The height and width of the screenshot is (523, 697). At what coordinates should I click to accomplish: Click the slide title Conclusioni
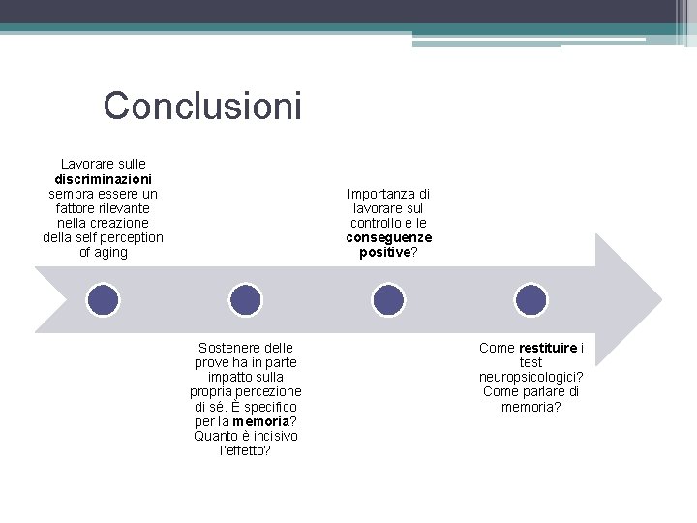click(x=202, y=106)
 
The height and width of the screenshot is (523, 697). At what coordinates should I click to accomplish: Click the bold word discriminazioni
click(x=103, y=179)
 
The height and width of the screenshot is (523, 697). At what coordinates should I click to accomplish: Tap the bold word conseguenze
click(x=388, y=237)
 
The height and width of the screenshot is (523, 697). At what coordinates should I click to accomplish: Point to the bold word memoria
click(x=261, y=421)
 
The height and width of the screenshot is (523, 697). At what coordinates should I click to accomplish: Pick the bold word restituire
click(x=548, y=348)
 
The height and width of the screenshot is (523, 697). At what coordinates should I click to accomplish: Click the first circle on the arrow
click(x=103, y=299)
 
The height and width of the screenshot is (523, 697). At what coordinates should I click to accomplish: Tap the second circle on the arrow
click(x=245, y=299)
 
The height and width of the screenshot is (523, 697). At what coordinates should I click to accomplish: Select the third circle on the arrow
click(x=388, y=299)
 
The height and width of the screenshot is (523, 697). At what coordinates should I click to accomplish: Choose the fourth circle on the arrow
click(x=530, y=299)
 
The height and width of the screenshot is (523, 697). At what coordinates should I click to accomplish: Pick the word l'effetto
click(x=245, y=450)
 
